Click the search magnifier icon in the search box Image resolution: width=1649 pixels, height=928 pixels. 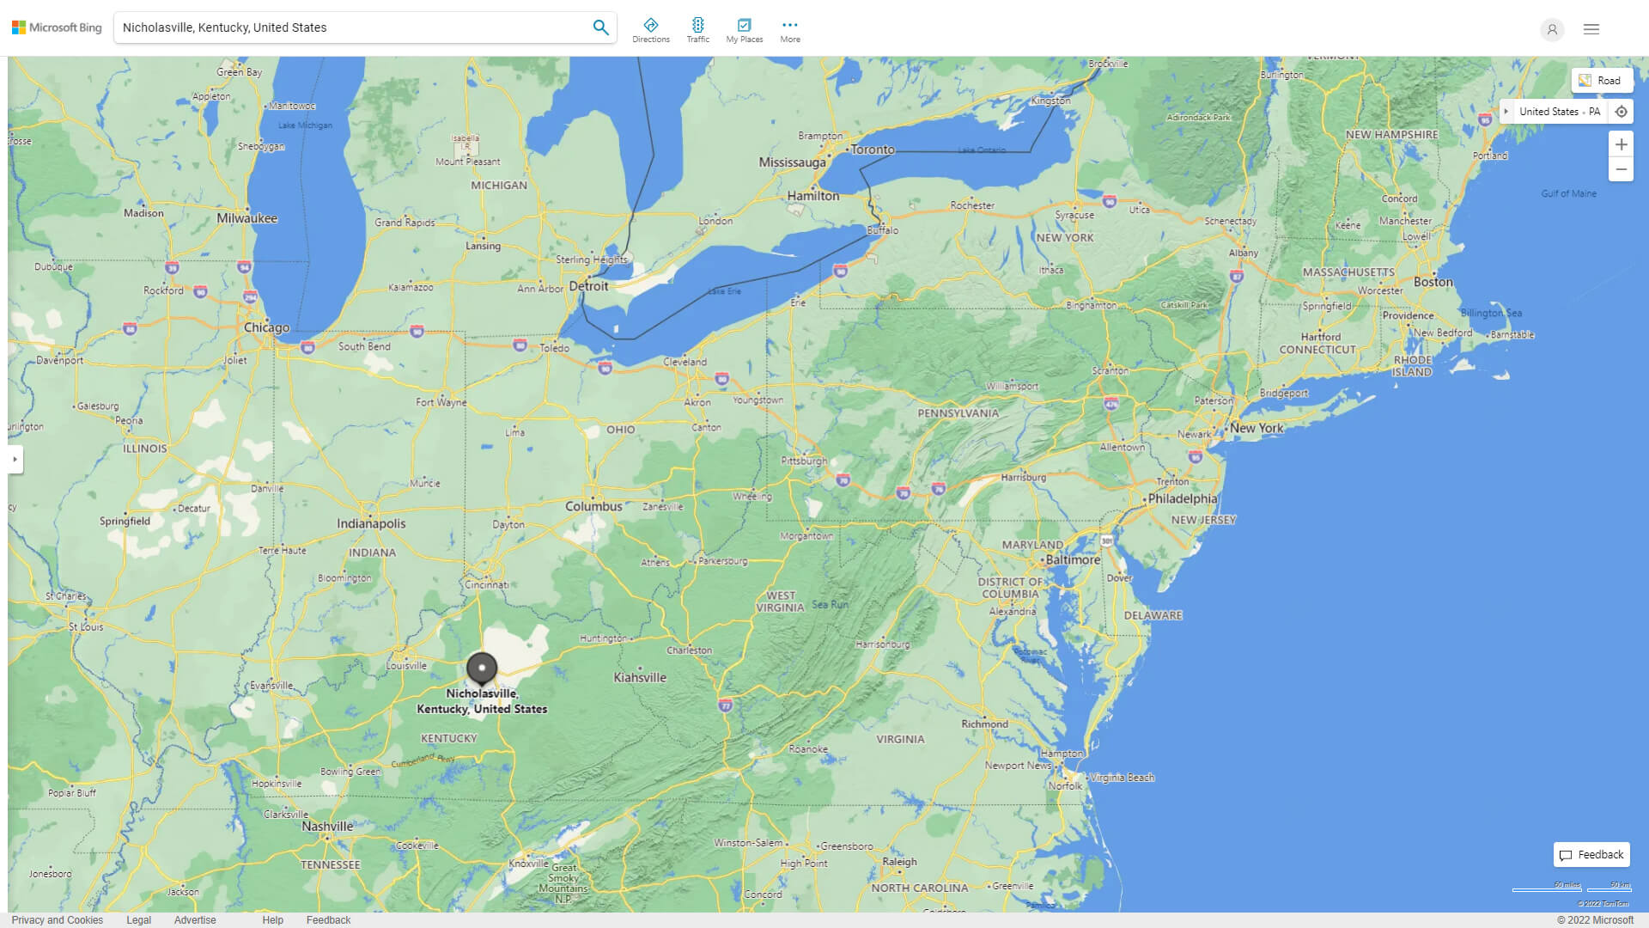point(600,27)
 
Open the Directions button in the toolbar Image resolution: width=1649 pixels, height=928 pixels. point(651,29)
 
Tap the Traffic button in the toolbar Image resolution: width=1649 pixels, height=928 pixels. point(697,29)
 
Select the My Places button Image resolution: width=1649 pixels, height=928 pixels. point(744,29)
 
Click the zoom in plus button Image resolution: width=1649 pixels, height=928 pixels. point(1621,144)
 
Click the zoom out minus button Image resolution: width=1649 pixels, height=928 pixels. point(1621,169)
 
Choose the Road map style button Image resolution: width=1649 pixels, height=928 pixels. point(1601,81)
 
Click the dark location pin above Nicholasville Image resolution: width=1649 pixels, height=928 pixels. point(482,668)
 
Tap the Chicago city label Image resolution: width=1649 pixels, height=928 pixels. point(266,327)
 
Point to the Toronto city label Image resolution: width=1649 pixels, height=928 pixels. point(873,150)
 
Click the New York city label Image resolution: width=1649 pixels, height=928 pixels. point(1257,428)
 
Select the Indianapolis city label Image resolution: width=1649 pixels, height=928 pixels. point(371,523)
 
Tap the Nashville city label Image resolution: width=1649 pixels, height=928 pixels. point(327,826)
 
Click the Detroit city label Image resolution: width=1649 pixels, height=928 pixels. point(588,286)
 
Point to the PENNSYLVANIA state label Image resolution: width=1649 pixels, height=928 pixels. point(958,413)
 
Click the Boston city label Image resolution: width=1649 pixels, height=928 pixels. point(1433,282)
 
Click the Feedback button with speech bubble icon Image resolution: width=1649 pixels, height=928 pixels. point(1591,854)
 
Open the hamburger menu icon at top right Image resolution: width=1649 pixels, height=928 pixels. point(1591,29)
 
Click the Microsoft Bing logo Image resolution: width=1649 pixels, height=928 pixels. point(57,27)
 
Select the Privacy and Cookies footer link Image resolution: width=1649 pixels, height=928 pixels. point(58,919)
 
